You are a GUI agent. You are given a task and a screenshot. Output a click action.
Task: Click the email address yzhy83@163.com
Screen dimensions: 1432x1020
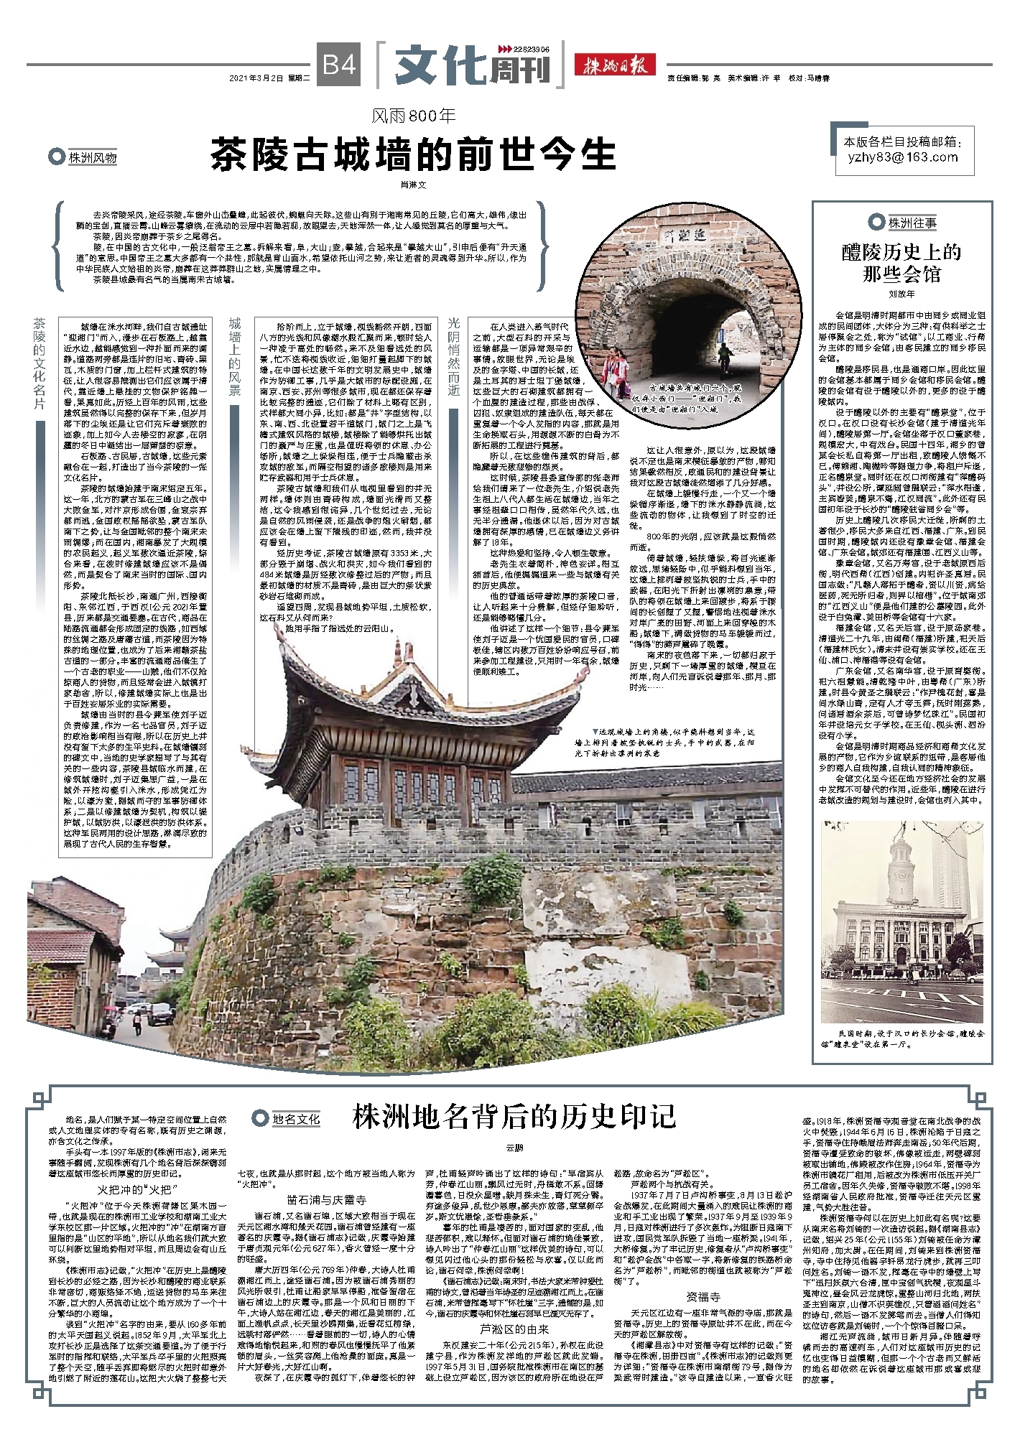902,157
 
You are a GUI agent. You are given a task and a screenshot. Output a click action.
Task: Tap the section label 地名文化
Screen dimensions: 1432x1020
295,1118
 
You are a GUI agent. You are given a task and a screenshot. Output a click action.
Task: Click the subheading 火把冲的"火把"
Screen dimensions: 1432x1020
137,1190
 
